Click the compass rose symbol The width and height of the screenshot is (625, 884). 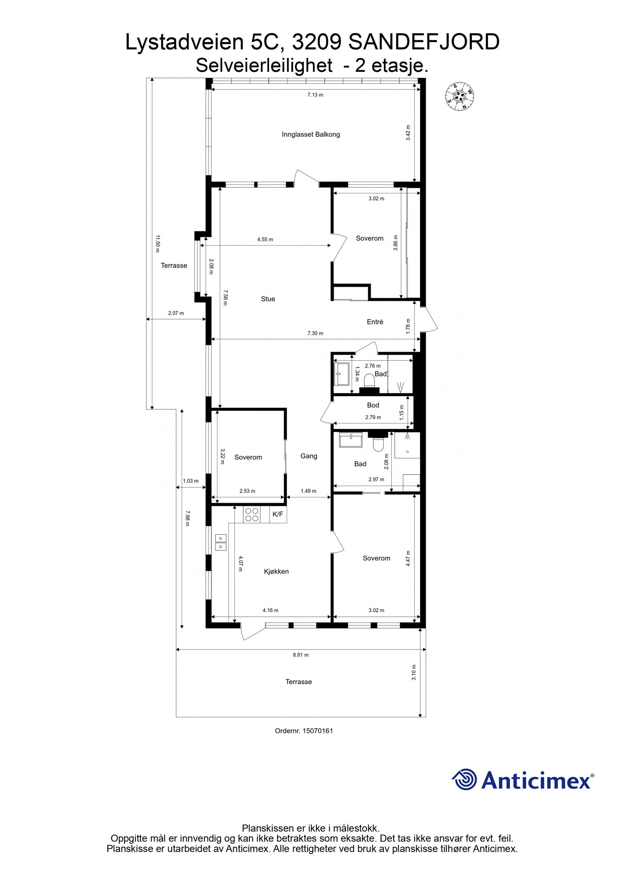tap(461, 96)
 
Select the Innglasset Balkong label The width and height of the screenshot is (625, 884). tap(311, 134)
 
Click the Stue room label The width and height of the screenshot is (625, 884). tap(268, 299)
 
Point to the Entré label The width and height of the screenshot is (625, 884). tap(375, 322)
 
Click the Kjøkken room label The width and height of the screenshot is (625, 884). tap(276, 571)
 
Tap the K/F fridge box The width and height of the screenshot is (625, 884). tap(278, 514)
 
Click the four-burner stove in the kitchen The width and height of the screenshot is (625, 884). tap(251, 514)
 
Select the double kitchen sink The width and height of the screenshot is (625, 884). tap(220, 542)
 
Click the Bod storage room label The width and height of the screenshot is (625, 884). tap(373, 405)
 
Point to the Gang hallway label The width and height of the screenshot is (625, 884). tap(309, 456)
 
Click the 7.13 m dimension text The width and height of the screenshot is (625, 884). tap(315, 95)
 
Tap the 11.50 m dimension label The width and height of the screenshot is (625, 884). tap(158, 244)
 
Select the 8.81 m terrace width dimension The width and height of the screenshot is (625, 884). tap(301, 655)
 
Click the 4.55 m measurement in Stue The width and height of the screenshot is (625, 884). tap(265, 239)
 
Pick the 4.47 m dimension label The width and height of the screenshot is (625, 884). tap(408, 559)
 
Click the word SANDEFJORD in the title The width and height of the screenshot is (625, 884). tap(423, 42)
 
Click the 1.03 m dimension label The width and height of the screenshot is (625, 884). tap(191, 481)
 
